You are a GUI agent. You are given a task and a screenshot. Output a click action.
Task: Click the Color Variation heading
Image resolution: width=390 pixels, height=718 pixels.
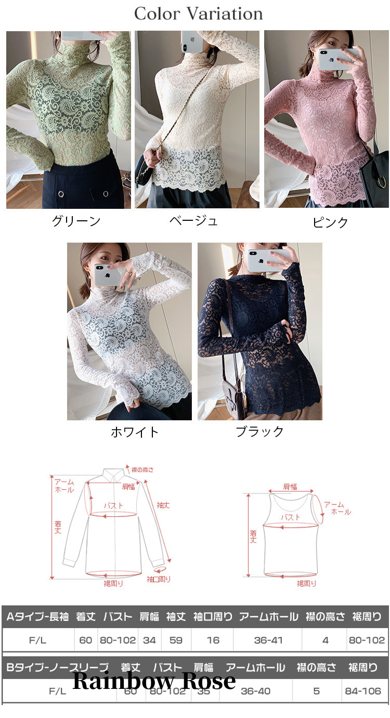198,14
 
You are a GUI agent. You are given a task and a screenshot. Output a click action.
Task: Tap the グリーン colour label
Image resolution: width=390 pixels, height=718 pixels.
76,221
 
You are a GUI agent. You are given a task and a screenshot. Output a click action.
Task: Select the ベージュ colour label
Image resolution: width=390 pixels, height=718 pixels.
193,221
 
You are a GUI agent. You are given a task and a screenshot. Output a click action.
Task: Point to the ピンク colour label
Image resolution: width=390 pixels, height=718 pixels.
330,222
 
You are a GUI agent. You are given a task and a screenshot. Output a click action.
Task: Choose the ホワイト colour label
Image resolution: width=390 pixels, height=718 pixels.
135,432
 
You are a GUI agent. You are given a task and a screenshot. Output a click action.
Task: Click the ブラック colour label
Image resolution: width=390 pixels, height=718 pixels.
260,431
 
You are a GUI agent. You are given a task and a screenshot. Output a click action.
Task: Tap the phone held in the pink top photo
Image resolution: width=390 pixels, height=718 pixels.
337,59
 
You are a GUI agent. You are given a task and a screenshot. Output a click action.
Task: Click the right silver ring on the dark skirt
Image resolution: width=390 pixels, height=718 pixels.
106,194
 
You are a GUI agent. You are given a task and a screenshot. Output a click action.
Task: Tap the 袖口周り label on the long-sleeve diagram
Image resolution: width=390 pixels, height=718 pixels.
159,579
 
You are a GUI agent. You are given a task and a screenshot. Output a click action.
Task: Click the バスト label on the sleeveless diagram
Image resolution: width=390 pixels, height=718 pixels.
291,517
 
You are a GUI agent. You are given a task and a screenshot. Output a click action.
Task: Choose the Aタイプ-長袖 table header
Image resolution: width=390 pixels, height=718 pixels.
37,617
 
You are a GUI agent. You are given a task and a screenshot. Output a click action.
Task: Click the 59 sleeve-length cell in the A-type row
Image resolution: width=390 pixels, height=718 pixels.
176,640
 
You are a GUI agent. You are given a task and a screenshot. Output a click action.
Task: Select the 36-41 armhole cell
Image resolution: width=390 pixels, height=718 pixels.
268,640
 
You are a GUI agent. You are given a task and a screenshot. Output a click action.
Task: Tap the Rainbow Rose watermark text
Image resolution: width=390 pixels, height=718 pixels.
154,680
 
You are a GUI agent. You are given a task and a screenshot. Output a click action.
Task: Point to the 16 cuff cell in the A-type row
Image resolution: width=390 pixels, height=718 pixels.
213,640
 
